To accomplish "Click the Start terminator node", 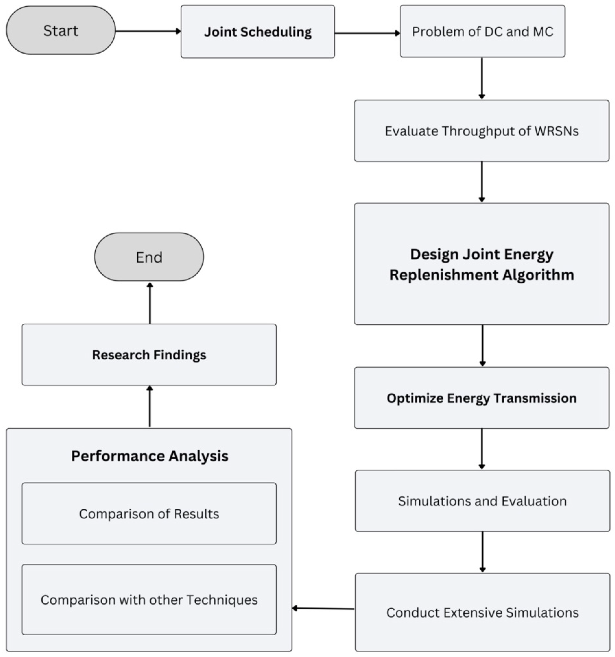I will point(60,30).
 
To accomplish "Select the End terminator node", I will point(149,257).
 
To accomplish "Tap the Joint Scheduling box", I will point(258,32).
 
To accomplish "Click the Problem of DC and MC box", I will point(482,31).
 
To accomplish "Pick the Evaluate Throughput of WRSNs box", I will point(481,131).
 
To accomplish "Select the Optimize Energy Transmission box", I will point(481,398).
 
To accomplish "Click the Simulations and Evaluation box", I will point(482,501).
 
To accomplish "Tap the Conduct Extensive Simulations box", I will point(482,612).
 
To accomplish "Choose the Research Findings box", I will point(149,355).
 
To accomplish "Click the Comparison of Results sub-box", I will point(149,514).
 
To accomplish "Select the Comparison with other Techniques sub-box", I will point(149,600).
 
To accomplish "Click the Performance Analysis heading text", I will point(150,456).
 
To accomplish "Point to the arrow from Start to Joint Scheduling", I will point(148,31).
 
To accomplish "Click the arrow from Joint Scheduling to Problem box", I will point(367,33).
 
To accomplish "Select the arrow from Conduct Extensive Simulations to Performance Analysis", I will point(323,608).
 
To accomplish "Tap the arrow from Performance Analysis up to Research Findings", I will point(150,406).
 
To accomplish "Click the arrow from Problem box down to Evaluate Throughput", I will point(481,78).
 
